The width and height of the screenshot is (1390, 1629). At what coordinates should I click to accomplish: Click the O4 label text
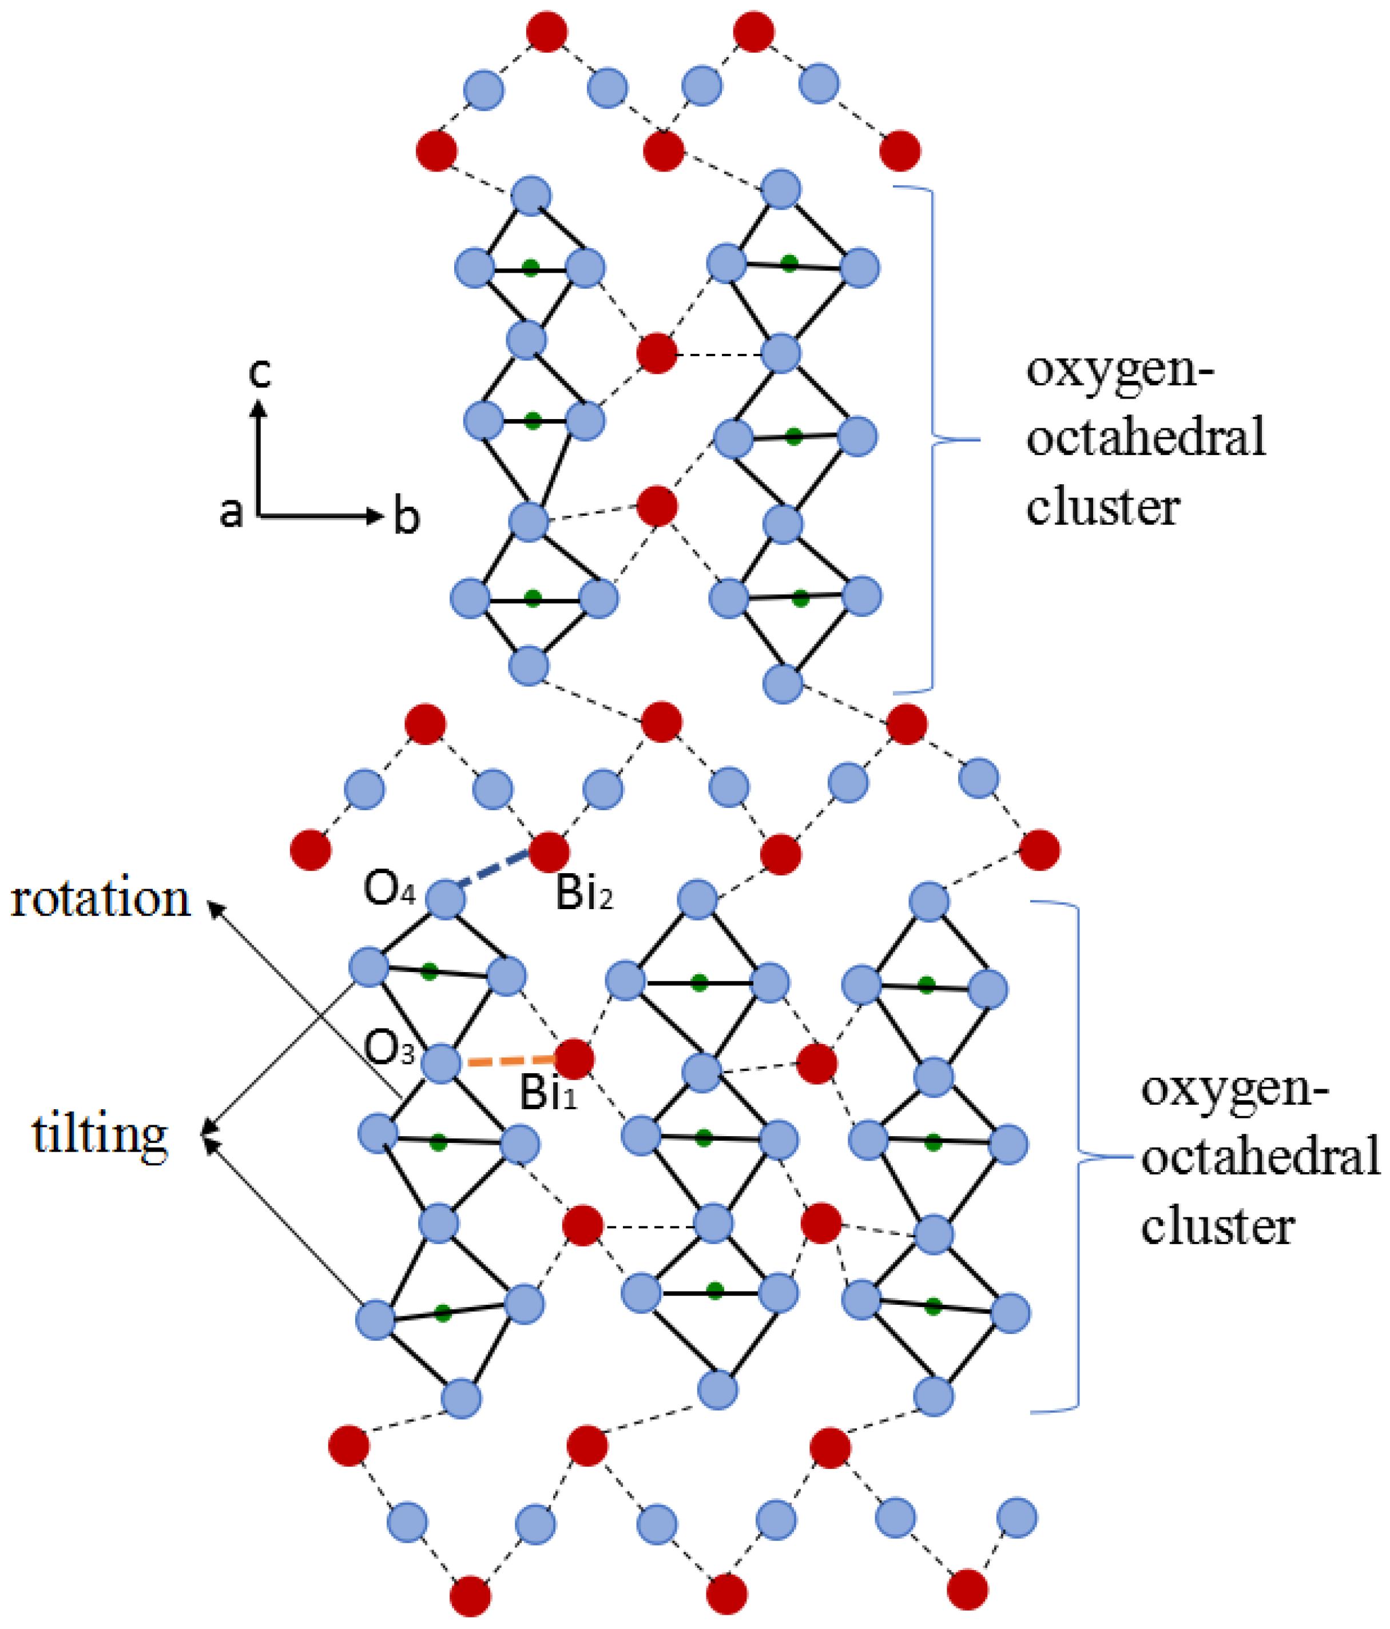(388, 889)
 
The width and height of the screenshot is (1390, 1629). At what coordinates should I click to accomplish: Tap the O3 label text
(388, 1048)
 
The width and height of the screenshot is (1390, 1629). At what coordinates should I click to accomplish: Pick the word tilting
(100, 1136)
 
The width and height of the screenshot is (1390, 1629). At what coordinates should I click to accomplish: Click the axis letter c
(260, 371)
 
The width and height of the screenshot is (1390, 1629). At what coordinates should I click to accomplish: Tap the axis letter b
(406, 517)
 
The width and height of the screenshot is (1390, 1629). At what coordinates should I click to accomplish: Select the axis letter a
(231, 512)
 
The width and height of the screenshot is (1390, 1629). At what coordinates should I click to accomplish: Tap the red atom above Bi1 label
(574, 1059)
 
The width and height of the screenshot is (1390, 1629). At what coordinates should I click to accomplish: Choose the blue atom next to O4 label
(445, 899)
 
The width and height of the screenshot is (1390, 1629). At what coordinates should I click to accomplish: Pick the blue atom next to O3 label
(440, 1064)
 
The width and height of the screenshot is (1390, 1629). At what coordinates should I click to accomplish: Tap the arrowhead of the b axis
(376, 516)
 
